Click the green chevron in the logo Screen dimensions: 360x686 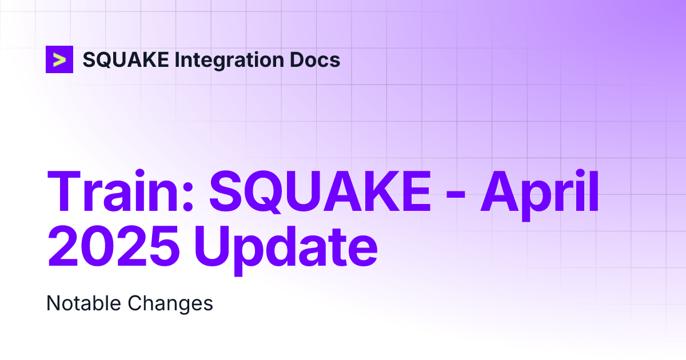click(x=59, y=59)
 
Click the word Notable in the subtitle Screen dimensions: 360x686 click(x=83, y=303)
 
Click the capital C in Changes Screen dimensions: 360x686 click(x=135, y=303)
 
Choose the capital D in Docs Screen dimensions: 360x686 click(x=295, y=59)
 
